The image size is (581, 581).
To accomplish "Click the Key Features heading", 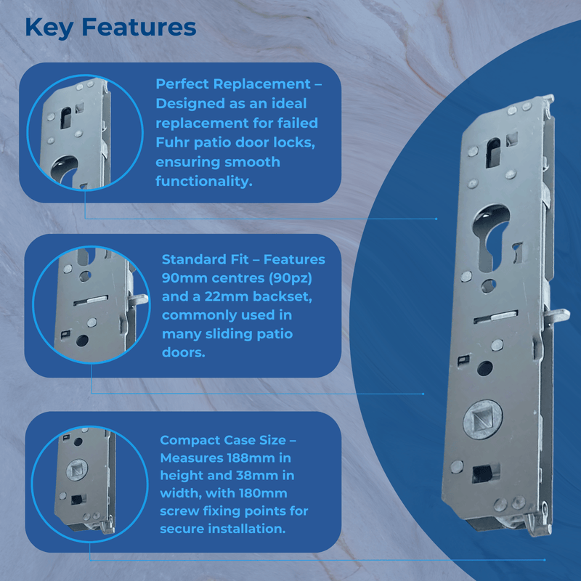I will click(x=110, y=28).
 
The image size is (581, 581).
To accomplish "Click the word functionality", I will click(x=204, y=181).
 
